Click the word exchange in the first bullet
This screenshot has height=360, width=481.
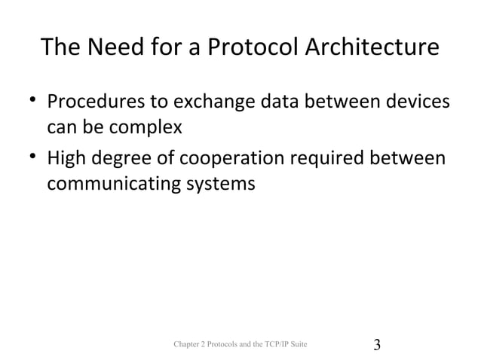pyautogui.click(x=211, y=102)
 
